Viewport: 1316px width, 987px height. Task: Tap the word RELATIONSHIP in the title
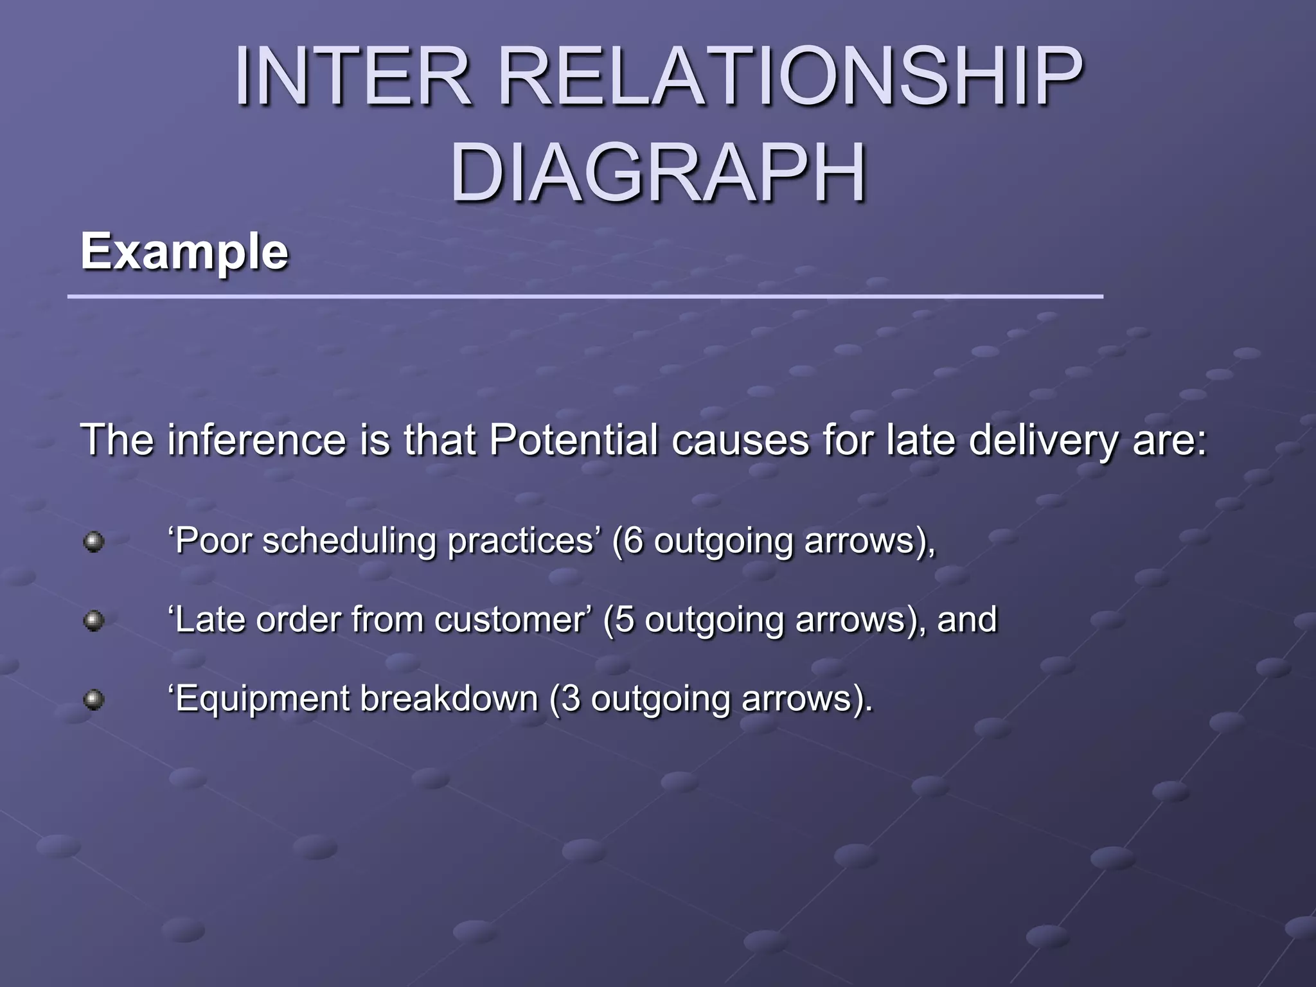click(790, 77)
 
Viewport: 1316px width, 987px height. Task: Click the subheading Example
click(184, 252)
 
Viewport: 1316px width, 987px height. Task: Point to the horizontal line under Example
click(585, 297)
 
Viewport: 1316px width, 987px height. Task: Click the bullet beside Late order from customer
click(94, 621)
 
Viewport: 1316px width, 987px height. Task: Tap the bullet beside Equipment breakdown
click(94, 700)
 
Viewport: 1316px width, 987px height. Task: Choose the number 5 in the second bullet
click(625, 620)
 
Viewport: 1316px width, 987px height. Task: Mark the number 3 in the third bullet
click(571, 699)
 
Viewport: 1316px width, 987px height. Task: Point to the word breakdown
click(448, 699)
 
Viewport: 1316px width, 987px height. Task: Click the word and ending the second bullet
click(967, 620)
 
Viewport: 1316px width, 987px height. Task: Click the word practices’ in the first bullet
click(522, 541)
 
